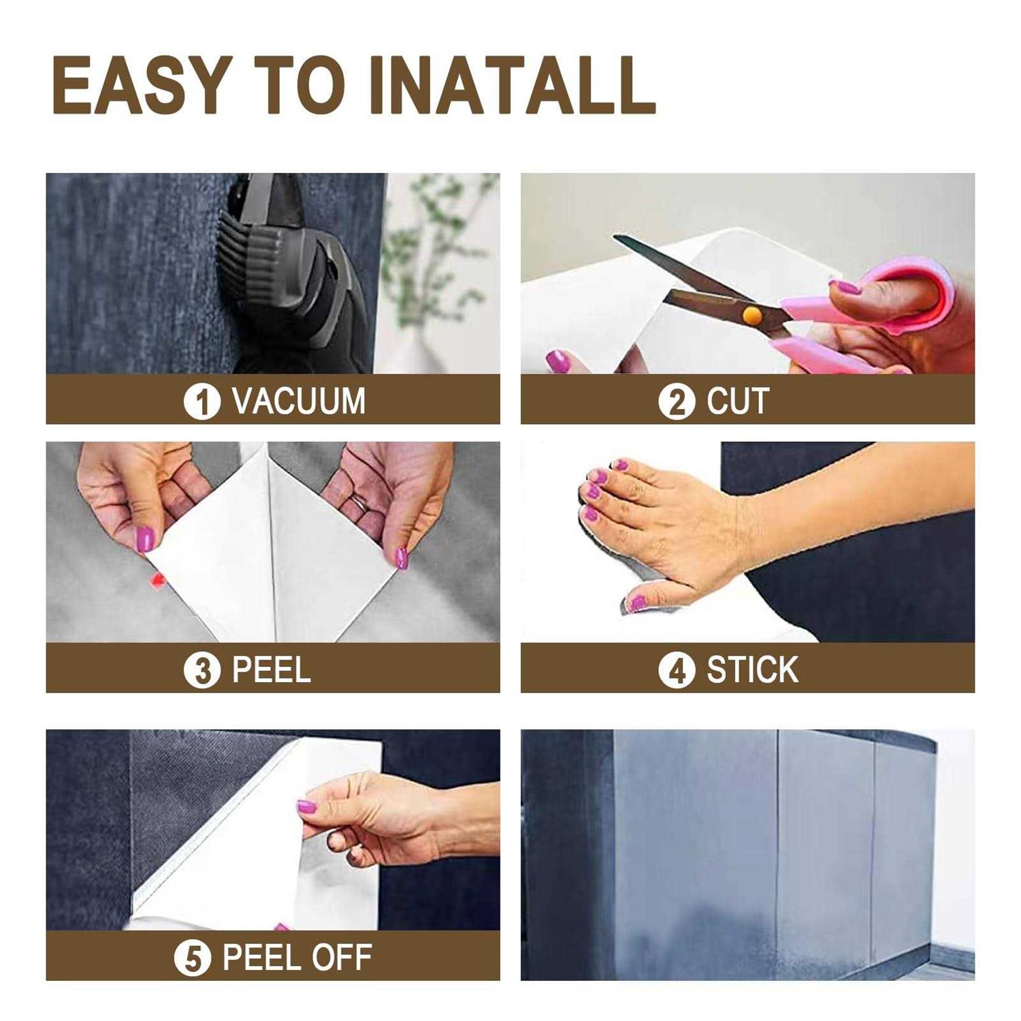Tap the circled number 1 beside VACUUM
201,401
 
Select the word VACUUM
299,401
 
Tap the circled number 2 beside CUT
676,401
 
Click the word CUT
738,401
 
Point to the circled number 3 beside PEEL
201,670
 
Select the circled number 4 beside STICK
676,670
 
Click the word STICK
752,670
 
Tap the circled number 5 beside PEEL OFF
193,958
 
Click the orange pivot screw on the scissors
751,314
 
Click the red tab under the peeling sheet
157,580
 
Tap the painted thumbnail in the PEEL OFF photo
306,807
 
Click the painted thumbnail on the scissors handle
849,287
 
